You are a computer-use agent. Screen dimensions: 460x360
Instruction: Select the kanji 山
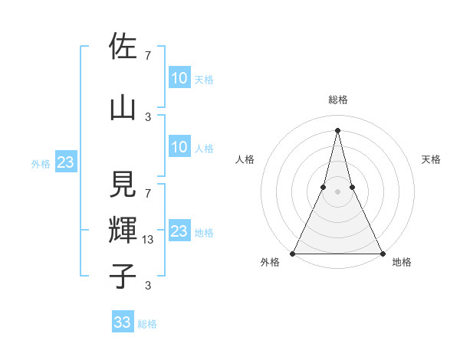[123, 107]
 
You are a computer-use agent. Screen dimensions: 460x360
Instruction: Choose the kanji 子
[123, 276]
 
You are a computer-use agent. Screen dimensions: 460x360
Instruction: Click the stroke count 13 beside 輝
[149, 240]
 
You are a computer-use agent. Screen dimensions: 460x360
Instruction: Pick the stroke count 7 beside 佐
[147, 55]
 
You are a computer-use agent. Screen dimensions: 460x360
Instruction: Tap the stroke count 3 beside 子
[147, 286]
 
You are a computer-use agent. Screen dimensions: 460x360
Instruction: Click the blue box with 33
[123, 322]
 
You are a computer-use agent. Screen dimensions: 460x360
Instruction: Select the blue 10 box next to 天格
[179, 78]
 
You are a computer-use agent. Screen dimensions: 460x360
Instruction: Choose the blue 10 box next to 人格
[179, 147]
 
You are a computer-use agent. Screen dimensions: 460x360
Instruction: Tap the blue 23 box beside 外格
[65, 162]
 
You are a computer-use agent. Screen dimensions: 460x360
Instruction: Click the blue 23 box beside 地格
[179, 231]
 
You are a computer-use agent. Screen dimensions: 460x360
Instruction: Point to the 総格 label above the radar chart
[337, 100]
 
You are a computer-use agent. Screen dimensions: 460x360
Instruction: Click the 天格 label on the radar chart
[431, 159]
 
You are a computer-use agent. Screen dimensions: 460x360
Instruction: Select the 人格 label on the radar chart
[245, 159]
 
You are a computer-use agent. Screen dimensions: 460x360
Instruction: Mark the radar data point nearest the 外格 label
[293, 253]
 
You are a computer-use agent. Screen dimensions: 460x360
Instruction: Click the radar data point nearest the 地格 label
[382, 253]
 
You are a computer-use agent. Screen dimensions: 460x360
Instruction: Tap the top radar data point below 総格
[337, 130]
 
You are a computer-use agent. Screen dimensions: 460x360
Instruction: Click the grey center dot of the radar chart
[337, 191]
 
